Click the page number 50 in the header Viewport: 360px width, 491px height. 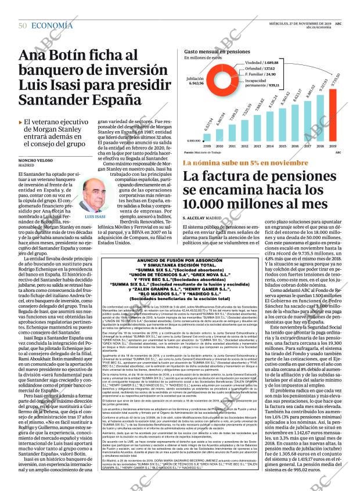click(23, 26)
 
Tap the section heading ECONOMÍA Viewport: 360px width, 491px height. click(52, 26)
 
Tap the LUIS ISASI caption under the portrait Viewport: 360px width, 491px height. click(95, 216)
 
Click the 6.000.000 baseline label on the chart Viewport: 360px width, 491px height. click(193, 140)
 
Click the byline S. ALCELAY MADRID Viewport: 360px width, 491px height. click(206, 217)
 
